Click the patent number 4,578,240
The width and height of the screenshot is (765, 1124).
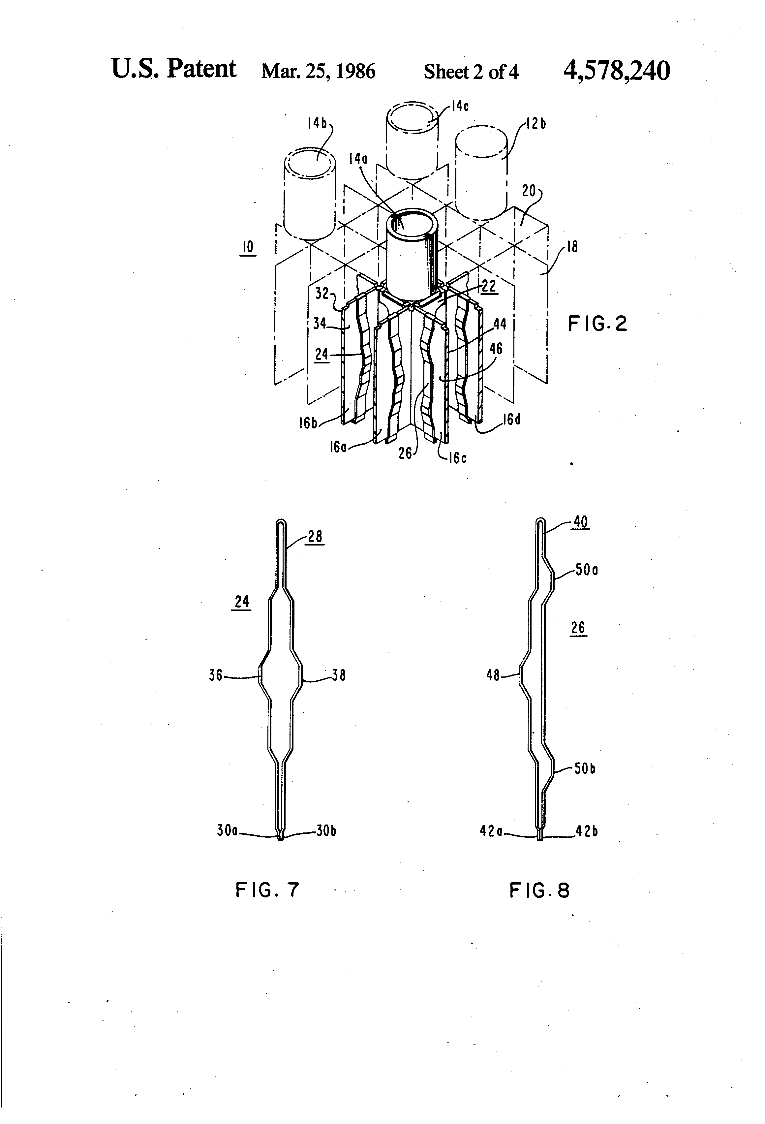click(617, 71)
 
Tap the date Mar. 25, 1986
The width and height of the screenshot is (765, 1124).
click(318, 72)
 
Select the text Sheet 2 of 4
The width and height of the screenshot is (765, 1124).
click(471, 72)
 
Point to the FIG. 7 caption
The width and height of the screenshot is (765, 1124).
click(267, 890)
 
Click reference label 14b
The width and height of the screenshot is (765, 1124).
click(317, 123)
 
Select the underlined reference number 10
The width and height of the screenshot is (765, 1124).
click(248, 247)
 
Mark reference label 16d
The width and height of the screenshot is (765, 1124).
click(512, 419)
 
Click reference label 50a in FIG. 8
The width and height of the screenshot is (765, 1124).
click(587, 570)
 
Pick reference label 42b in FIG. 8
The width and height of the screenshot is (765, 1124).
click(587, 831)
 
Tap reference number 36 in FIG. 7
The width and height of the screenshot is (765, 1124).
click(216, 675)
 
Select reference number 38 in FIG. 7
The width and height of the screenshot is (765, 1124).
click(339, 675)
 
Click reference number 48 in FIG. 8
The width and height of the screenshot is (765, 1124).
click(493, 675)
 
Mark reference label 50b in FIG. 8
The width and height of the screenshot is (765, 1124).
click(585, 768)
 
